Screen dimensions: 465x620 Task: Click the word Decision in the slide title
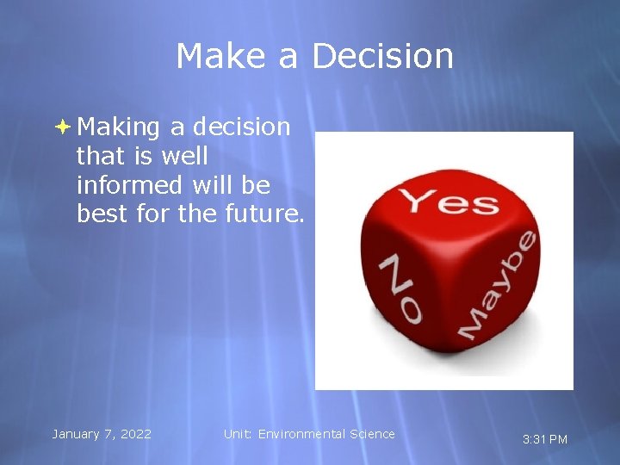pyautogui.click(x=381, y=56)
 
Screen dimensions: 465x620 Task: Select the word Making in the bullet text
pyautogui.click(x=119, y=127)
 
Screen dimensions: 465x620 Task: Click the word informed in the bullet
pyautogui.click(x=129, y=185)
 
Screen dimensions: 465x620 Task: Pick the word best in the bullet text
pyautogui.click(x=103, y=214)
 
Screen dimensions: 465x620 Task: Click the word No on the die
pyautogui.click(x=401, y=288)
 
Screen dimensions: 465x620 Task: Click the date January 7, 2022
pyautogui.click(x=102, y=434)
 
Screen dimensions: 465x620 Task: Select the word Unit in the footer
pyautogui.click(x=237, y=434)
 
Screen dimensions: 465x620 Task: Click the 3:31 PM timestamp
pyautogui.click(x=545, y=439)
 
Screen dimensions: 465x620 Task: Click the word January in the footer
pyautogui.click(x=77, y=434)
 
